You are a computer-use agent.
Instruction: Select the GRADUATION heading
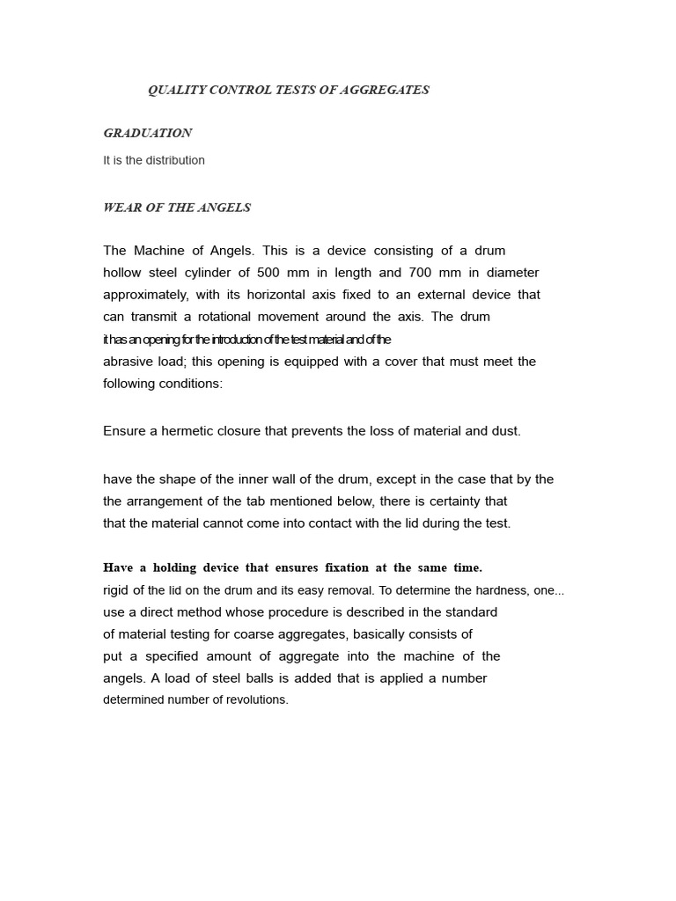[x=147, y=134]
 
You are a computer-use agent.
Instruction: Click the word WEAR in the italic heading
[x=121, y=208]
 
